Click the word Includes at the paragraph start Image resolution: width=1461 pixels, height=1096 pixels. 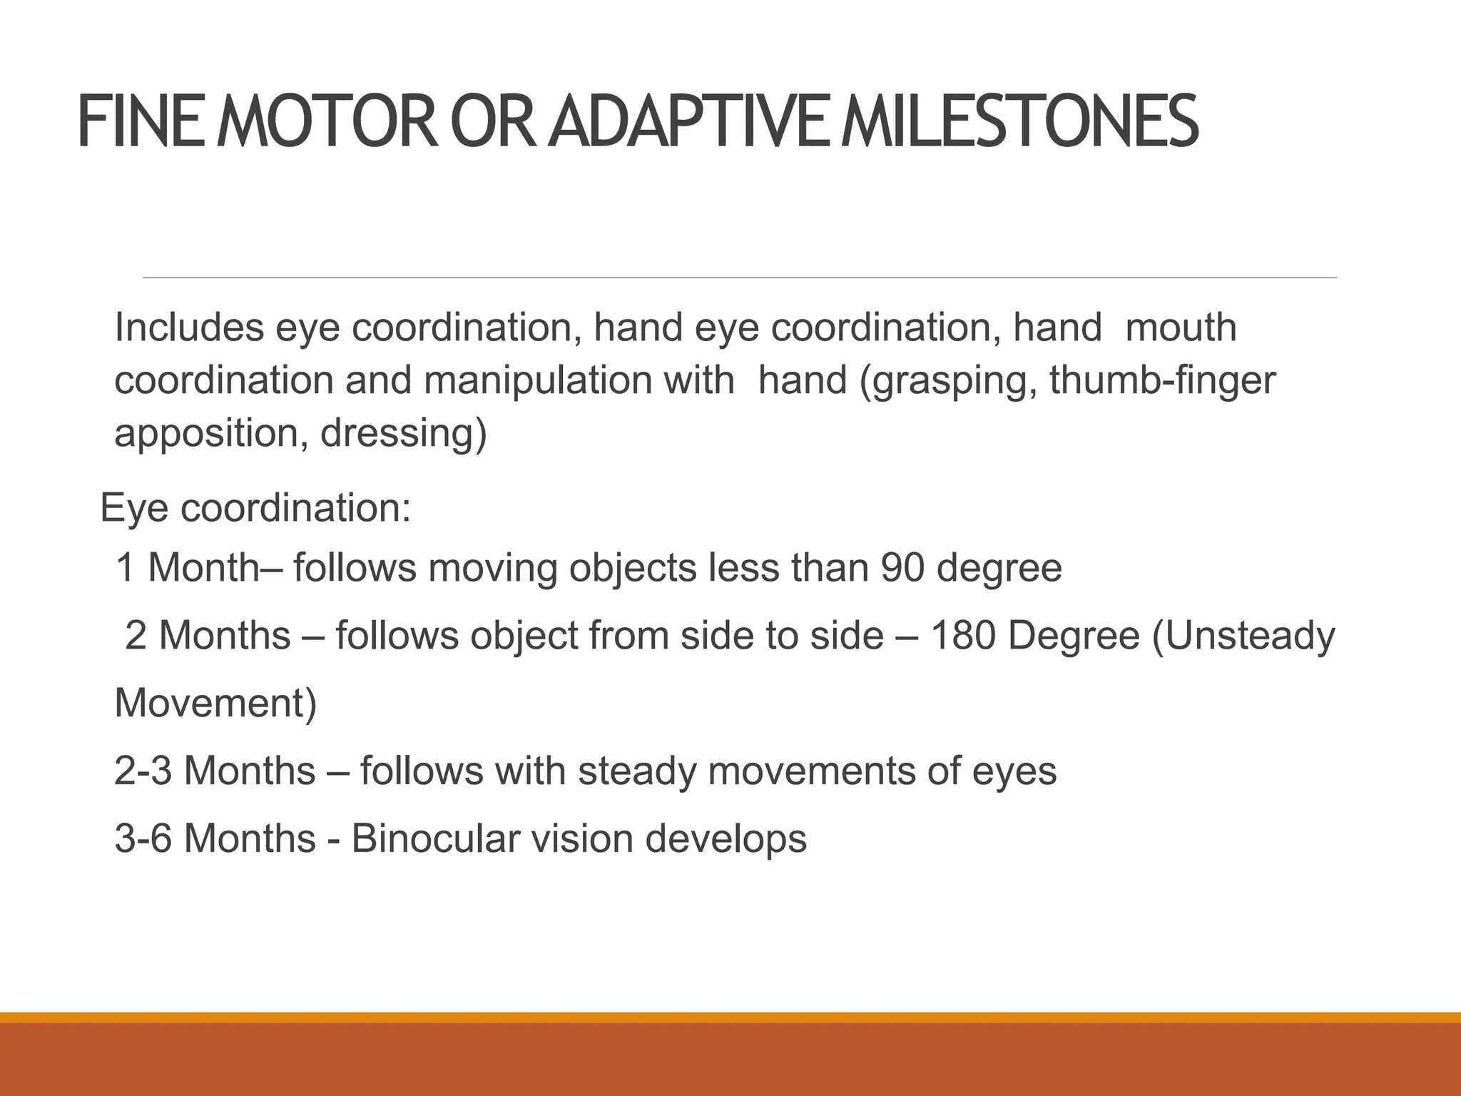[189, 328]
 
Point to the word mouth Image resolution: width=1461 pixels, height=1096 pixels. [1180, 328]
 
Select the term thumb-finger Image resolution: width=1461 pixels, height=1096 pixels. [1162, 380]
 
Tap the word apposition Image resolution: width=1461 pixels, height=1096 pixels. [204, 434]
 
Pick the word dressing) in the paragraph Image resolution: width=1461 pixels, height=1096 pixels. [403, 432]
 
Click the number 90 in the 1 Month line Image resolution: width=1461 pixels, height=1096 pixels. [902, 568]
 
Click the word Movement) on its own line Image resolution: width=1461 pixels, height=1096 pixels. [215, 703]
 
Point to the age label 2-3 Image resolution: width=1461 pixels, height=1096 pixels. [143, 771]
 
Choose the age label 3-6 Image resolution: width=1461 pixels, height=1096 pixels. [143, 838]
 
